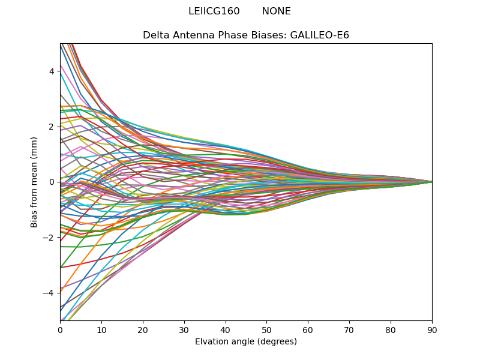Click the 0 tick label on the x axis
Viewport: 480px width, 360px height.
point(60,329)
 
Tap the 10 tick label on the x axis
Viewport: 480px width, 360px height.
point(101,329)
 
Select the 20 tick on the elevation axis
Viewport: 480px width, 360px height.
point(143,329)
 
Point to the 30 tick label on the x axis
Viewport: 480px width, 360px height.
point(184,329)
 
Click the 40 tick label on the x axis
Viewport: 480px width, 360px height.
point(226,329)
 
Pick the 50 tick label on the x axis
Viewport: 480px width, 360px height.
point(266,329)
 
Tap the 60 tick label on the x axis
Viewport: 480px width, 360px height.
point(308,329)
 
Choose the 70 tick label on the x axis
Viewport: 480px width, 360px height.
point(349,329)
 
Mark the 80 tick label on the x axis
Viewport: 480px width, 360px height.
point(391,329)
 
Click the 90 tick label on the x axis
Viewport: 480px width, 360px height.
point(432,329)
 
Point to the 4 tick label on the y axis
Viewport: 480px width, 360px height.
point(52,71)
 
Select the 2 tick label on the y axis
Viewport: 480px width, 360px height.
point(52,127)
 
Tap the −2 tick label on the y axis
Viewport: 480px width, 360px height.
point(49,237)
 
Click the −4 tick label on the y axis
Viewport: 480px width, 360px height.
point(49,293)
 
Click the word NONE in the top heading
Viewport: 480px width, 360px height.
point(276,11)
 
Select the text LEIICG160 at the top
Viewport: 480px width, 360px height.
point(214,11)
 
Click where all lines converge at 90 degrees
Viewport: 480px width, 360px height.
point(431,181)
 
